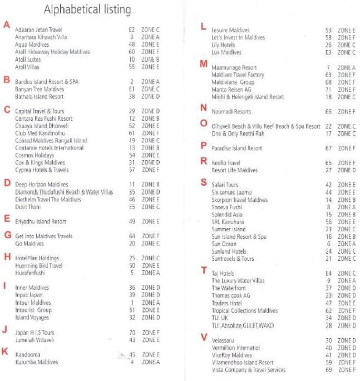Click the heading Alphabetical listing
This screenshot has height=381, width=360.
(87, 9)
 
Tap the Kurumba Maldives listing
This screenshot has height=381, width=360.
(37, 362)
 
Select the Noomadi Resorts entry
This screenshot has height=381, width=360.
(231, 112)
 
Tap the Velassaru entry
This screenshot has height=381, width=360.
(224, 340)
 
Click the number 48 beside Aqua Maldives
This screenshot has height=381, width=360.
(132, 44)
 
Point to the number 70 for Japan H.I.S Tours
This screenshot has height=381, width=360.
(132, 332)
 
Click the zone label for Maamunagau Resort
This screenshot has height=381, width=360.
(346, 67)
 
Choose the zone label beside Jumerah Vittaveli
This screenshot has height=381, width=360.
(150, 339)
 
